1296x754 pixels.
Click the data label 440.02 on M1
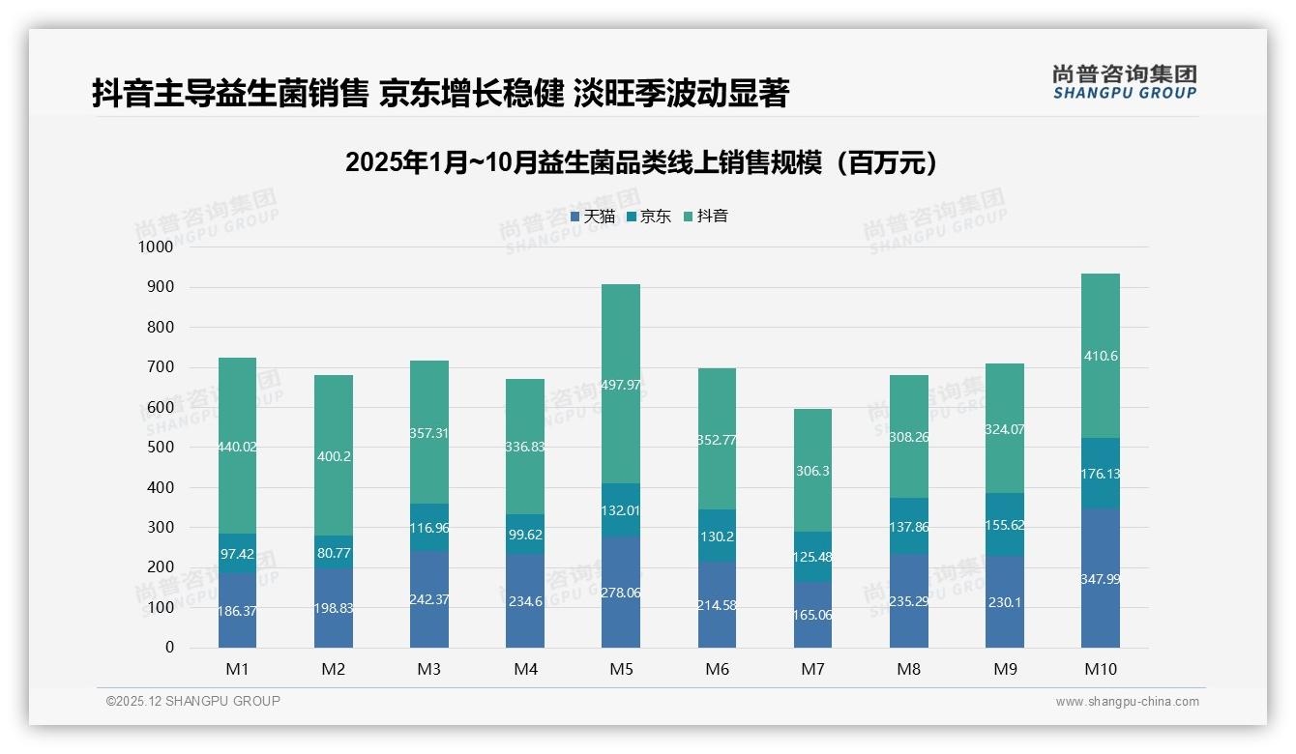[237, 447]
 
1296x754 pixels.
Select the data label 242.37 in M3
[428, 599]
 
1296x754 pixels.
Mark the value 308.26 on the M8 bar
[909, 437]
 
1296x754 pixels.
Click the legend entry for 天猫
[593, 217]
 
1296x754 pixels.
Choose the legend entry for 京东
[649, 217]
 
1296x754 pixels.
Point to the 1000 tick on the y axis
[156, 247]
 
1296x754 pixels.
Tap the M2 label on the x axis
[333, 669]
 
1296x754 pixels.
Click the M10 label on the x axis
[1101, 669]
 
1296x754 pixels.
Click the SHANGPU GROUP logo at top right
[1125, 82]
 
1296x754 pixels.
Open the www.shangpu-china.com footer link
[1127, 702]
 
